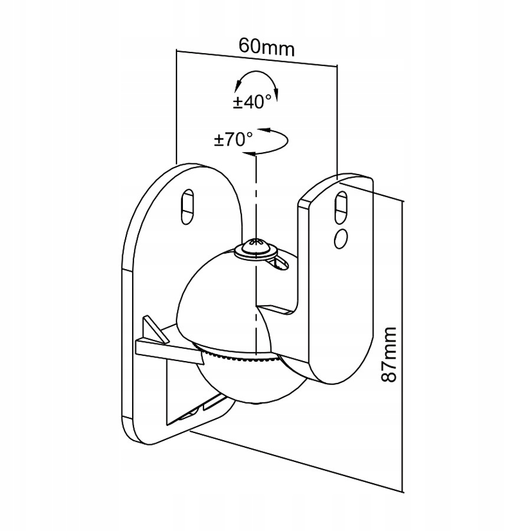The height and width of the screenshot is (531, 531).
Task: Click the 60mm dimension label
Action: (267, 47)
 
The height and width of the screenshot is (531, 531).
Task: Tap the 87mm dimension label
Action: (389, 355)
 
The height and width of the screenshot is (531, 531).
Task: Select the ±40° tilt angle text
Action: (253, 101)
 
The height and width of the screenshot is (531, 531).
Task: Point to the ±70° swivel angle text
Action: (233, 139)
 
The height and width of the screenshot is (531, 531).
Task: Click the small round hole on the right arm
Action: (340, 239)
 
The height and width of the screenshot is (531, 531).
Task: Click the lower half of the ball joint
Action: (251, 379)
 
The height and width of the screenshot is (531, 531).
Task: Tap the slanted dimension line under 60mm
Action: (257, 58)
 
